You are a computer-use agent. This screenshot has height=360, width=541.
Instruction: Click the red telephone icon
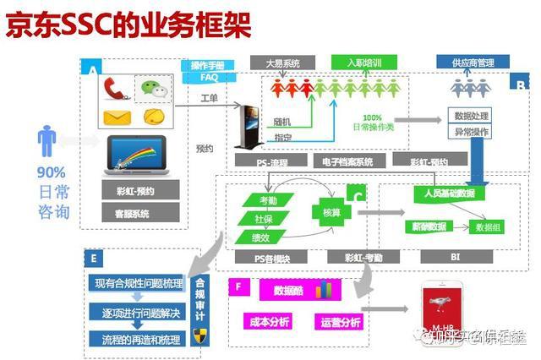pyautogui.click(x=116, y=89)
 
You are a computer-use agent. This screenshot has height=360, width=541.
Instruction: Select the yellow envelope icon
pyautogui.click(x=116, y=117)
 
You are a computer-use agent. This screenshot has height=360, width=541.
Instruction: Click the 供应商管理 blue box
pyautogui.click(x=473, y=63)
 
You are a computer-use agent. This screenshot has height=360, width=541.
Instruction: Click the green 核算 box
pyautogui.click(x=331, y=212)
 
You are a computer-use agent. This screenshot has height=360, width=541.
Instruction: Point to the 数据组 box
pyautogui.click(x=489, y=226)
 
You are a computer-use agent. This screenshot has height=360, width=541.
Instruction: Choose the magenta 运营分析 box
pyautogui.click(x=341, y=322)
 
